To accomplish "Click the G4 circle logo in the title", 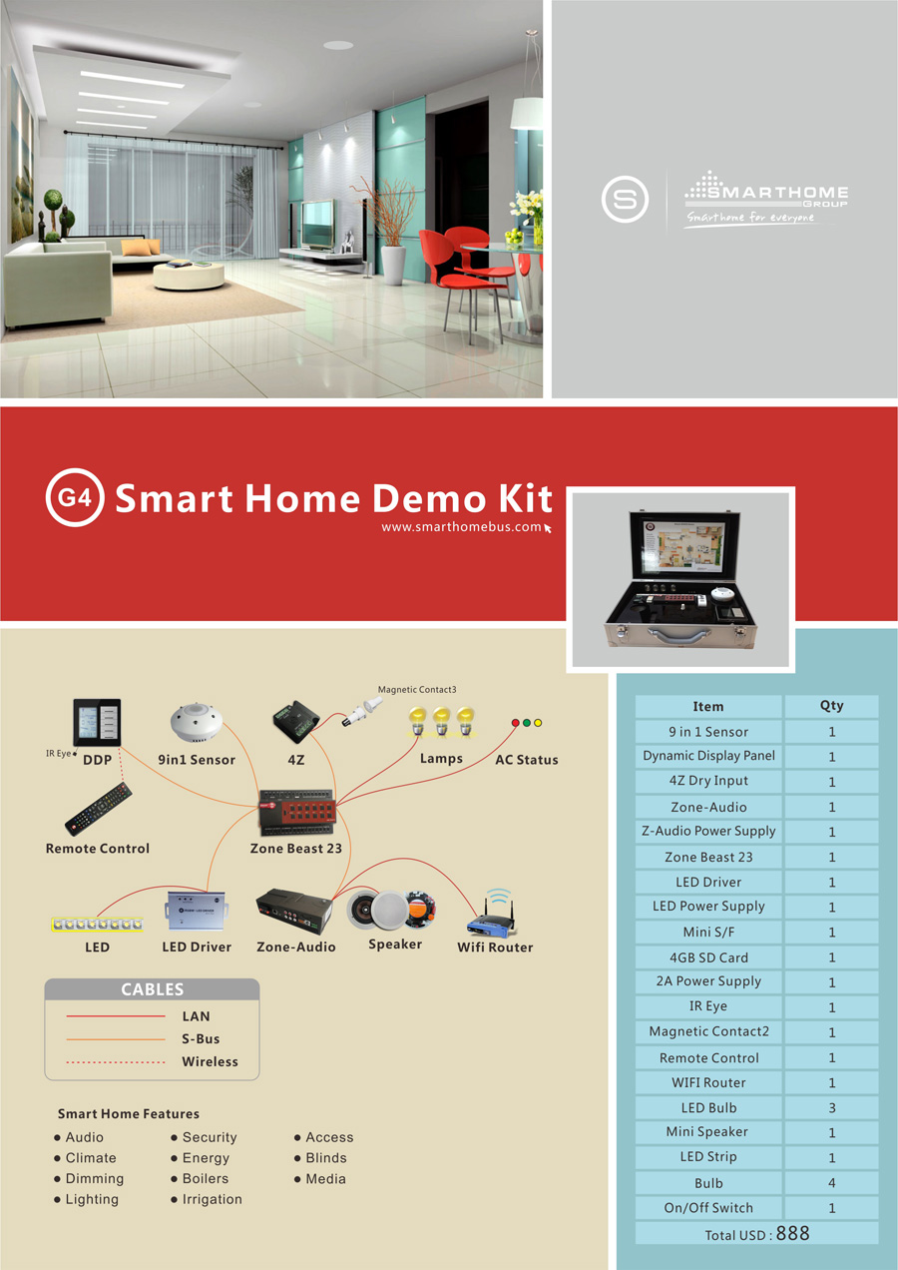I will point(75,496).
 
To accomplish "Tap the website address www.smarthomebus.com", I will point(461,526).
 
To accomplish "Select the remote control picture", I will point(98,809).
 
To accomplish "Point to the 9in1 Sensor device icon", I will point(197,723).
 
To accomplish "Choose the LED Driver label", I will point(197,947).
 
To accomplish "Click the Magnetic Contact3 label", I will point(417,689).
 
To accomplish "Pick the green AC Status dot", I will point(527,722).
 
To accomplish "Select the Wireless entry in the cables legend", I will point(210,1061).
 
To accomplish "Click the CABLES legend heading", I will point(152,989).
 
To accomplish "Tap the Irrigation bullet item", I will point(212,1199).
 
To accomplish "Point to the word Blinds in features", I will point(326,1158).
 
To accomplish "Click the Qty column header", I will point(831,705).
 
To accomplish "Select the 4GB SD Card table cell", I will point(708,957).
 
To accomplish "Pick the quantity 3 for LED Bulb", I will point(832,1108).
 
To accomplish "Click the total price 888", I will point(792,1233).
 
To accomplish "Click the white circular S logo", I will point(625,199).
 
